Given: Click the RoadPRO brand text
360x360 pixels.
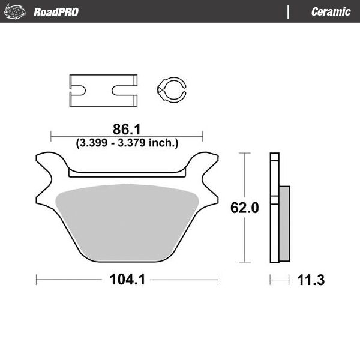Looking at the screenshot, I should (x=56, y=12).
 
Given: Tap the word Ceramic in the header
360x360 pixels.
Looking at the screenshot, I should (x=331, y=12).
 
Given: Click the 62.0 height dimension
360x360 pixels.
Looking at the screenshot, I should (x=245, y=208).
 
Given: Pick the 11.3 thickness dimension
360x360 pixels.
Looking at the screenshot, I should (x=311, y=280).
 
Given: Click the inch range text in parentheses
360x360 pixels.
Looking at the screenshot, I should (x=127, y=143).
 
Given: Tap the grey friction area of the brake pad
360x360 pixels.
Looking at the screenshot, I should (x=127, y=222).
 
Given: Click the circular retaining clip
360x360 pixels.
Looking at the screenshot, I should (x=170, y=90).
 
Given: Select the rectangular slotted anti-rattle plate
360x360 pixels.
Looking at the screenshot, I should (x=102, y=90).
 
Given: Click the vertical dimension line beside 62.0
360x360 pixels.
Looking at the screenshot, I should (x=245, y=180).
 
